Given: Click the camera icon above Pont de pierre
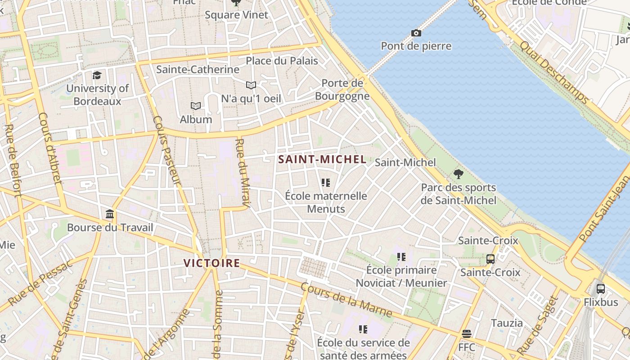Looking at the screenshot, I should tap(416, 33).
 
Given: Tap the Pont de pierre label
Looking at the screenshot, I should tap(416, 46).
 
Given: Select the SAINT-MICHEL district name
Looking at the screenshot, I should tap(322, 159).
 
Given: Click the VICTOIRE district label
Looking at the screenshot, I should tap(211, 263).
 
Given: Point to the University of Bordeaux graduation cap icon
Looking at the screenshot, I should tap(97, 75).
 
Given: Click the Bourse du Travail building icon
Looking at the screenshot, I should tap(110, 214).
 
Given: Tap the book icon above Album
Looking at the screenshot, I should tap(195, 106).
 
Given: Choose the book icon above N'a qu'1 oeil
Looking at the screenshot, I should tap(251, 85).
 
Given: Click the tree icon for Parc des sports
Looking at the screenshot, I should tap(459, 174).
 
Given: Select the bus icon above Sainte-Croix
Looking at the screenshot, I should tap(490, 259).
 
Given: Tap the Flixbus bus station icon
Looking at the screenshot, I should tap(600, 289).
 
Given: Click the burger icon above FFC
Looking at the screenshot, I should tap(467, 334).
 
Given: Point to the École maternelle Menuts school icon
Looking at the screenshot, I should tap(326, 183).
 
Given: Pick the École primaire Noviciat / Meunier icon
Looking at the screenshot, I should tap(401, 257).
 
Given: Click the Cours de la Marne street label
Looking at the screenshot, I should tap(346, 300).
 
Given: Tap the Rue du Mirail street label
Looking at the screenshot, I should tap(242, 174).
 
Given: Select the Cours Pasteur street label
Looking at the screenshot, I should tap(166, 150).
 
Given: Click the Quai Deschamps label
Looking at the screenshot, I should tap(553, 72).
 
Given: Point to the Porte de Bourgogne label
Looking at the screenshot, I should tap(342, 90).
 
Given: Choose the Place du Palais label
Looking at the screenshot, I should tap(282, 61).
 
